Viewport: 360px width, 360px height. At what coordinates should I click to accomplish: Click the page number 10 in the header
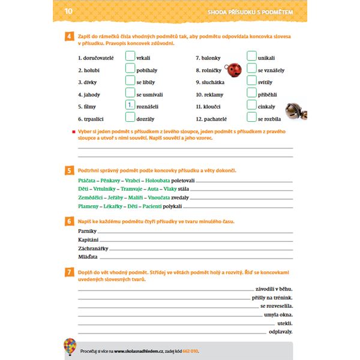click(x=68, y=11)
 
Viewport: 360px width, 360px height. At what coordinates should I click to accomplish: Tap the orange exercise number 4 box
click(x=70, y=37)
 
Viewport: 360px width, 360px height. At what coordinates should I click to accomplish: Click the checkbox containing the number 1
click(x=130, y=105)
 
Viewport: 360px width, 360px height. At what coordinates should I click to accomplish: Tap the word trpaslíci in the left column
click(x=90, y=119)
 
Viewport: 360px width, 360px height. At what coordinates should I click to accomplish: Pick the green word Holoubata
click(x=158, y=180)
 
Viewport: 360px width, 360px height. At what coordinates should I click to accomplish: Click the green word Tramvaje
click(x=127, y=189)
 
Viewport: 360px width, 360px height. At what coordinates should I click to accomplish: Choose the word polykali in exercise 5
click(x=172, y=206)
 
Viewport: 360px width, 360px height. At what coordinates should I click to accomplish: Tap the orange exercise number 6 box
click(x=70, y=222)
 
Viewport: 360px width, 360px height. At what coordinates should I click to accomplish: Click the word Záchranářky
click(x=93, y=248)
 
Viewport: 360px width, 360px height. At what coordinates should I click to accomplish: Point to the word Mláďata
click(x=88, y=256)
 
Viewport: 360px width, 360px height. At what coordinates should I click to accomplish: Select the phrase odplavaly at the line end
click(x=281, y=331)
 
